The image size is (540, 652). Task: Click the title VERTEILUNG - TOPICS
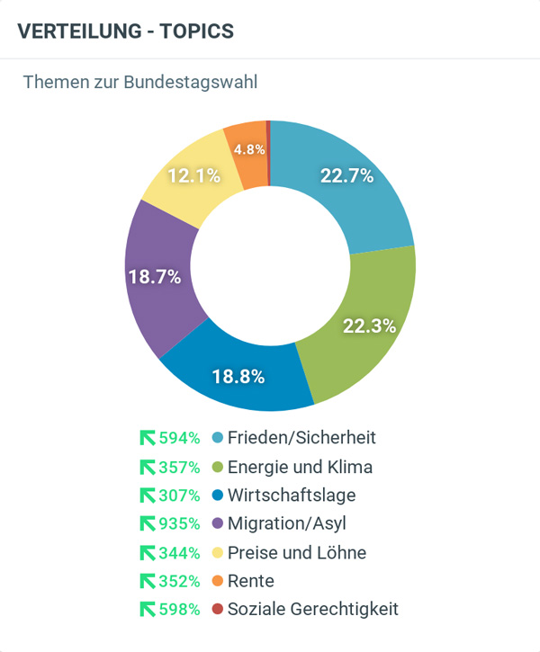[x=125, y=31]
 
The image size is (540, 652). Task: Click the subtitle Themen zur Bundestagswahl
[x=140, y=83]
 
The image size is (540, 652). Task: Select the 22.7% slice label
[x=346, y=176]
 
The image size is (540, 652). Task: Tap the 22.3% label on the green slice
[x=369, y=326]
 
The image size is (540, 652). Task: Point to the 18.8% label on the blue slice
[x=238, y=377]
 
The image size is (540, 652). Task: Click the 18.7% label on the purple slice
[x=154, y=277]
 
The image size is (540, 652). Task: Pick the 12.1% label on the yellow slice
[x=193, y=176]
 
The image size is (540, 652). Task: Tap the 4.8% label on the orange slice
[x=249, y=150]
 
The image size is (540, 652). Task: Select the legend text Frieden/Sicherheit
[x=301, y=438]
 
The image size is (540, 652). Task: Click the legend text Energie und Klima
[x=300, y=467]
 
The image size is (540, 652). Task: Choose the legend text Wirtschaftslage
[x=292, y=496]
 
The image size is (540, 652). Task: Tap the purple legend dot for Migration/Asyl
[x=217, y=523]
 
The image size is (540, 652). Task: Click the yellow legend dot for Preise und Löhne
[x=217, y=552]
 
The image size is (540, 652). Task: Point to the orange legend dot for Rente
[x=217, y=581]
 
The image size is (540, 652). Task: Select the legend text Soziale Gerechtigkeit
[x=312, y=609]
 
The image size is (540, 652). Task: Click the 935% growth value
[x=179, y=523]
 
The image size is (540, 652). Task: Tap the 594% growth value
[x=179, y=438]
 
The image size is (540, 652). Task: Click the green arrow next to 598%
[x=148, y=609]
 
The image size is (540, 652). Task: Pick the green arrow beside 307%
[x=148, y=496]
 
